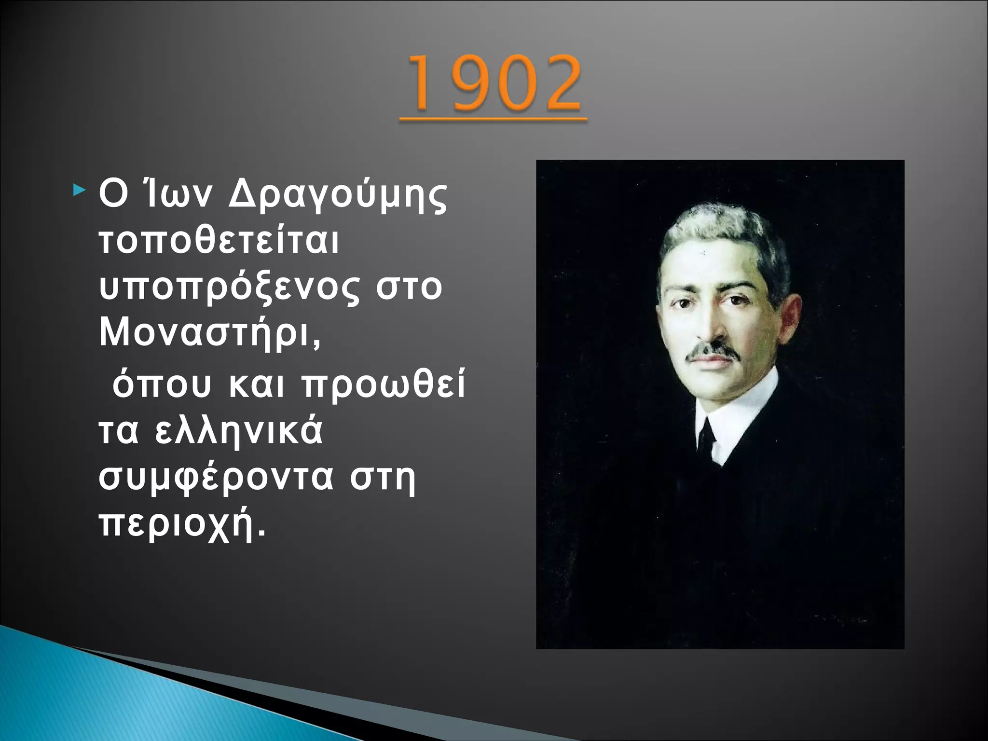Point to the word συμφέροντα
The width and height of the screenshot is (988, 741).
(x=216, y=478)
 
